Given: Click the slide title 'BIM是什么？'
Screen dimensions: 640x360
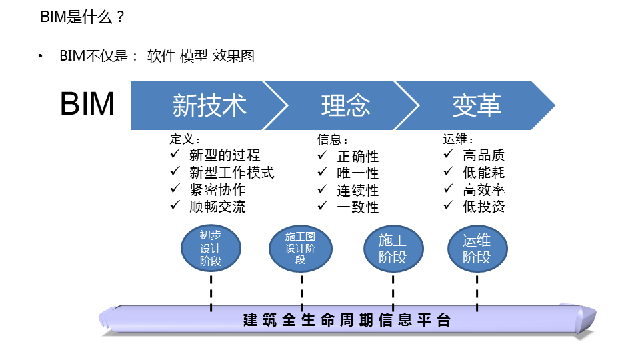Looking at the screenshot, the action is click(82, 17).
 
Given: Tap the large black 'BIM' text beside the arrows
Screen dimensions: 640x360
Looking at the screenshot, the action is click(87, 104).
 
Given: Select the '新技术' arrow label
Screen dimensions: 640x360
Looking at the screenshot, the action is click(209, 105).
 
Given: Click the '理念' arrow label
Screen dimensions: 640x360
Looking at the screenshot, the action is click(346, 105).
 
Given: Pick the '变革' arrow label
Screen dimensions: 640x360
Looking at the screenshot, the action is click(477, 105).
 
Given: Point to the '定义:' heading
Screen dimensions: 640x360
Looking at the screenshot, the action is click(185, 139).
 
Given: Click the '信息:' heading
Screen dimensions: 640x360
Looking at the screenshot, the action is click(332, 139).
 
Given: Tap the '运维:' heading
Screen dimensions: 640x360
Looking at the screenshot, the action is click(458, 139).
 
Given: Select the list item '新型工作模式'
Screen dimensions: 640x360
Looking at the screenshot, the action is click(231, 172).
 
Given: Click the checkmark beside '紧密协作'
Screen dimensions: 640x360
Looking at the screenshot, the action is click(175, 188).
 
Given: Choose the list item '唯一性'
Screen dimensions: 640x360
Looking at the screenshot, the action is click(357, 173).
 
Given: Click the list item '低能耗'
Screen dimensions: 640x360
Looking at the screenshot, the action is click(484, 172).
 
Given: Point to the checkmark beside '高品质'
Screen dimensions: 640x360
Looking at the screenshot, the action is click(448, 154).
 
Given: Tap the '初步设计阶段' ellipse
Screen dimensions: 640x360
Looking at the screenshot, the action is click(211, 248).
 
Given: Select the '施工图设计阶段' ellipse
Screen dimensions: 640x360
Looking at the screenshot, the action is click(301, 248).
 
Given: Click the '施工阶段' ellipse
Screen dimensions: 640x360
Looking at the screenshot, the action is click(393, 248).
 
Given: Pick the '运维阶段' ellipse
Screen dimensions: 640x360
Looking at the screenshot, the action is click(477, 248).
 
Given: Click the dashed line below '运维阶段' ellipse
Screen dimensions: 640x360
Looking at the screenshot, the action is click(477, 293).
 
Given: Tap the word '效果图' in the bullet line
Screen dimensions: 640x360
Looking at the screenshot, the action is click(233, 56).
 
